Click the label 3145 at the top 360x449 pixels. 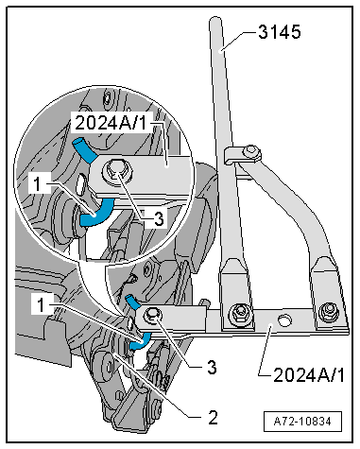(280, 32)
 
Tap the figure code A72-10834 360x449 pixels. (302, 422)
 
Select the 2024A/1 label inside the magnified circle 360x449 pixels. (111, 122)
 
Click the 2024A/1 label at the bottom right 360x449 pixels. (309, 375)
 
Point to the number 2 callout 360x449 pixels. (213, 417)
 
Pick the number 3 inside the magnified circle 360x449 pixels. (159, 218)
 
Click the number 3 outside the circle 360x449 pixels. (212, 367)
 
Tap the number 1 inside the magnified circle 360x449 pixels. (37, 183)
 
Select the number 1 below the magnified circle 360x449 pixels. (41, 304)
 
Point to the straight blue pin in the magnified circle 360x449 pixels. (84, 148)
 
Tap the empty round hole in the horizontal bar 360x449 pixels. (284, 319)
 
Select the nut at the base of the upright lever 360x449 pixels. (240, 312)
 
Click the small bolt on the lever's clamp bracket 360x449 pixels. (252, 151)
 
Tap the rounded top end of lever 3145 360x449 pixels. (215, 23)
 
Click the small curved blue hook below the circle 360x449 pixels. (141, 341)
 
